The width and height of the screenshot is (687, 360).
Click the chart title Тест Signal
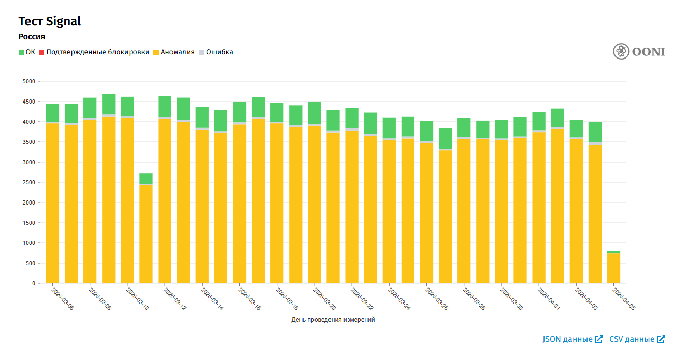pos(50,21)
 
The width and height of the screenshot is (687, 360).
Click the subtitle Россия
pos(32,37)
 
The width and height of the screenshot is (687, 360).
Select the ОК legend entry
pos(27,52)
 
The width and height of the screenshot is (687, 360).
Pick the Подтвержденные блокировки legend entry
pos(94,52)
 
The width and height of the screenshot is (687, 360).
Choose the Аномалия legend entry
pos(174,52)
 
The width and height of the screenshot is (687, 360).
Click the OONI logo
pos(639,51)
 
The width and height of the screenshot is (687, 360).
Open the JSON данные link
pos(572,339)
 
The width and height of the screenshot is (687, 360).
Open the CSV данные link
pos(637,339)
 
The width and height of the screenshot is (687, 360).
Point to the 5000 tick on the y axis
pos(28,81)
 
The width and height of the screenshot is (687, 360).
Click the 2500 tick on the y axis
pos(28,182)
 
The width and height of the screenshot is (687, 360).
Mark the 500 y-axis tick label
pos(30,263)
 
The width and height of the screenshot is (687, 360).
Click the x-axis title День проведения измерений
pos(333,320)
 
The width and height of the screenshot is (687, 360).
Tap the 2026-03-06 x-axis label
pos(63,299)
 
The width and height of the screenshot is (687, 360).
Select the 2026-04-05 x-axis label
pos(624,299)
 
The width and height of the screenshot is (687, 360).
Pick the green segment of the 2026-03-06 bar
pos(52,113)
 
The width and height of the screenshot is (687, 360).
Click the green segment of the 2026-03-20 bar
pos(314,112)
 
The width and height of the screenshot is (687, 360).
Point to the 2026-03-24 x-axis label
pos(399,299)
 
